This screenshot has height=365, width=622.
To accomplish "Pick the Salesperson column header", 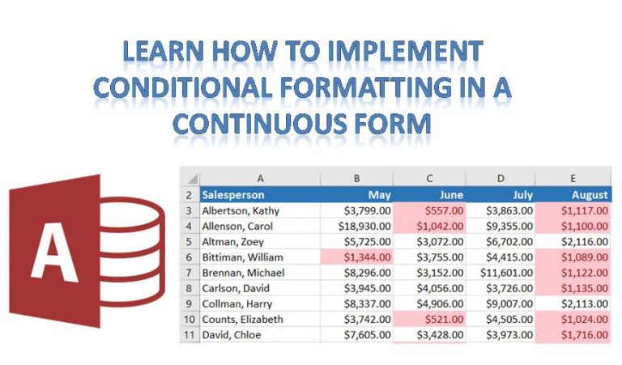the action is click(233, 194).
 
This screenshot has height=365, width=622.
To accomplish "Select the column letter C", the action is click(429, 178).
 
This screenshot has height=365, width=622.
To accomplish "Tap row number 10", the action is click(190, 319).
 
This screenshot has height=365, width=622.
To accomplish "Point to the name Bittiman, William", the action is click(242, 257).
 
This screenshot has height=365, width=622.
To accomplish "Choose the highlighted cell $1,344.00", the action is click(357, 257).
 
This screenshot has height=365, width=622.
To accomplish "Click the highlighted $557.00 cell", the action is click(429, 210).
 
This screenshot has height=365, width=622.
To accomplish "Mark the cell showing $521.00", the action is click(429, 319).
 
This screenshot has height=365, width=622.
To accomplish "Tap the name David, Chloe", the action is click(232, 335).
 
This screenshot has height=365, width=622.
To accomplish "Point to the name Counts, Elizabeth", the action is click(242, 319).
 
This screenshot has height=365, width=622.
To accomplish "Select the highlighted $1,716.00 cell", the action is click(573, 335).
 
